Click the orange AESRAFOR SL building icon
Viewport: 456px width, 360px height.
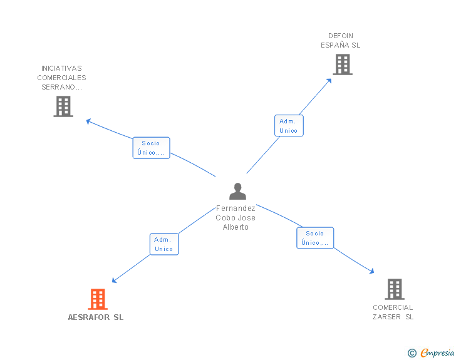coord(98,299)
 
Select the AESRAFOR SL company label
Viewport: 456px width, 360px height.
coord(96,317)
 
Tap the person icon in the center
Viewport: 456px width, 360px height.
coord(237,191)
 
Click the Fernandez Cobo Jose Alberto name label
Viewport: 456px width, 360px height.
coord(236,218)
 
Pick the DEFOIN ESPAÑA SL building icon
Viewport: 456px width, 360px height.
coord(342,64)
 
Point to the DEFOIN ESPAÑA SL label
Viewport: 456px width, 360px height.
coord(341,41)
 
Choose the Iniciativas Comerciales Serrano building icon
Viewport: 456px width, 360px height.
coord(63,106)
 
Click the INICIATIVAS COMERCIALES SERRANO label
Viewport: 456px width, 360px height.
coord(61,78)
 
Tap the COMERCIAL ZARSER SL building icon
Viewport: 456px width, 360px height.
coord(394,289)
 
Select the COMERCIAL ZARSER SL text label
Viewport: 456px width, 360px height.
coord(393,312)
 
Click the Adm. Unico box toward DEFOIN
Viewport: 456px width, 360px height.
coord(289,126)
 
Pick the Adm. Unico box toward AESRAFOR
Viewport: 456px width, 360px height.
coord(164,244)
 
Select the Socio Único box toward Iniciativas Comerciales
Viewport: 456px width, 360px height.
coord(151,148)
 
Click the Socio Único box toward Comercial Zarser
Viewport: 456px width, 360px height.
coord(315,238)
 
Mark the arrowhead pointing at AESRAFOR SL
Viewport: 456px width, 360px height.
coord(115,280)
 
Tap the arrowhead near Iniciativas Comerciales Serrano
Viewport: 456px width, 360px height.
coord(88,120)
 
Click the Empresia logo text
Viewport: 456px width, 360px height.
coord(437,352)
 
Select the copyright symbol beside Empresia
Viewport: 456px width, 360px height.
coord(412,353)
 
